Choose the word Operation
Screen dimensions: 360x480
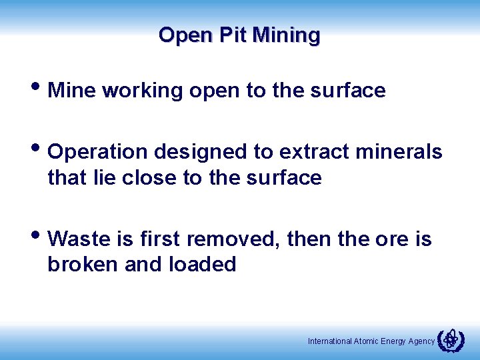pos(99,152)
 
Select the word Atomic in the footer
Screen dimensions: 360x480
pos(366,341)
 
